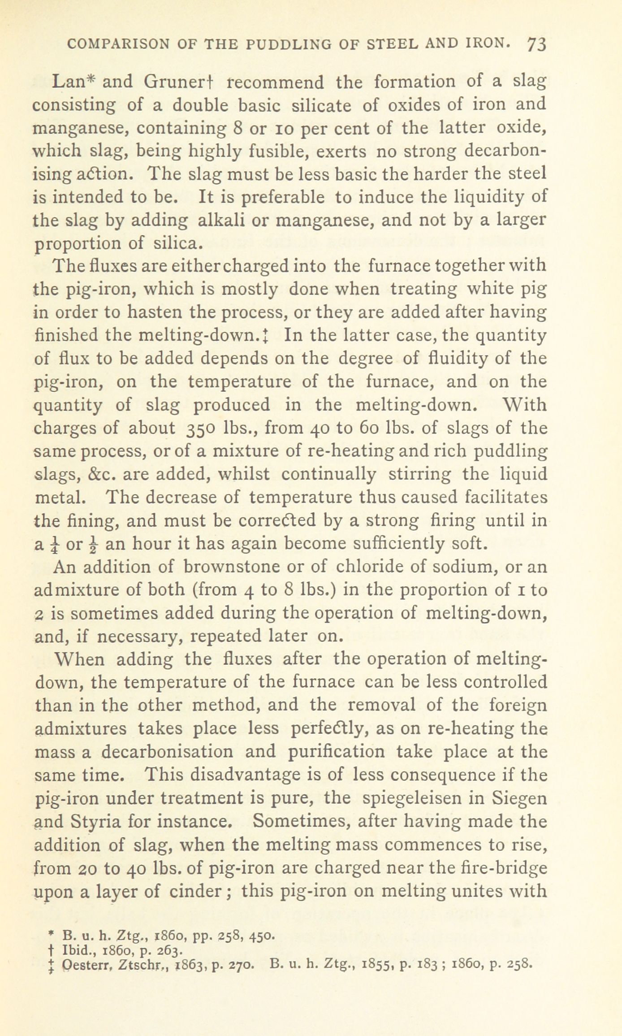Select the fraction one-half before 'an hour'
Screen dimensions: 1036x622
point(92,544)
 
